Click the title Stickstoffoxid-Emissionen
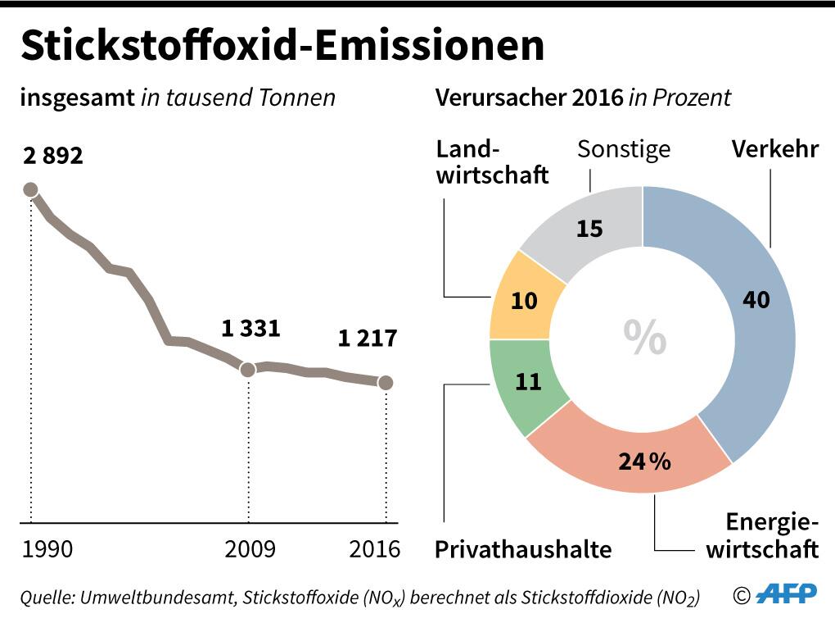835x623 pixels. pyautogui.click(x=282, y=47)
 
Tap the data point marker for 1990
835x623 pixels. pyautogui.click(x=31, y=190)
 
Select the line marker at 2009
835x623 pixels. pyautogui.click(x=248, y=369)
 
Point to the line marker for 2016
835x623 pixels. pyautogui.click(x=386, y=382)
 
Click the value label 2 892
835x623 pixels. pyautogui.click(x=53, y=156)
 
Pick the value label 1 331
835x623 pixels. pyautogui.click(x=250, y=330)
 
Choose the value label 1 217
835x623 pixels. pyautogui.click(x=368, y=338)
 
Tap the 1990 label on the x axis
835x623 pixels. pyautogui.click(x=47, y=548)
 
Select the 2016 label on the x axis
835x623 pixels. pyautogui.click(x=374, y=548)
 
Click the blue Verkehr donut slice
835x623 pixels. pyautogui.click(x=753, y=311)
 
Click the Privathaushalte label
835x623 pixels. pyautogui.click(x=523, y=548)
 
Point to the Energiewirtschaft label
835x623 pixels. pyautogui.click(x=762, y=535)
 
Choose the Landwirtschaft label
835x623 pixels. pyautogui.click(x=492, y=161)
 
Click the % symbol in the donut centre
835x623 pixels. pyautogui.click(x=644, y=337)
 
